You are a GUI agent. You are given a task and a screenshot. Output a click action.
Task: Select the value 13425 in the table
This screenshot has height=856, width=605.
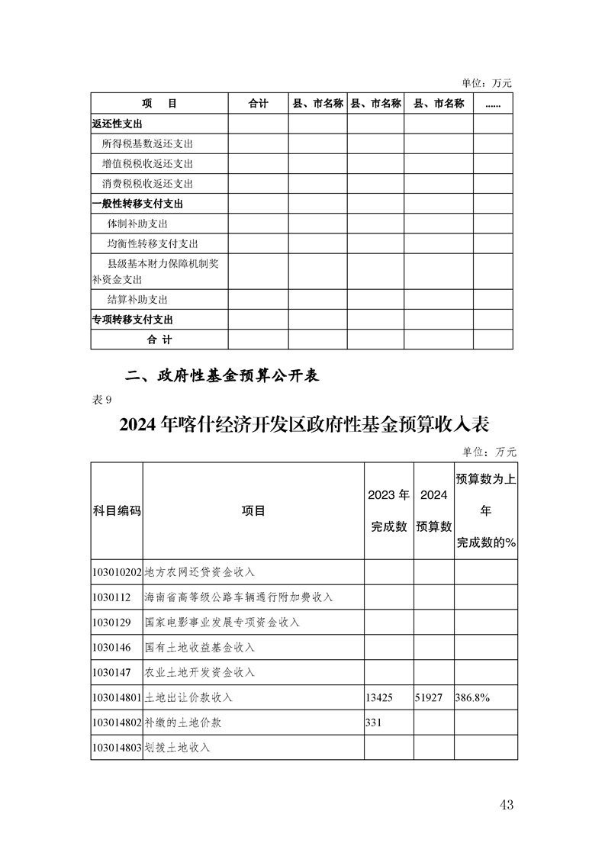pyautogui.click(x=380, y=697)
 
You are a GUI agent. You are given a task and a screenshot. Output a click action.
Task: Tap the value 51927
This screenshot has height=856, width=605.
pyautogui.click(x=429, y=697)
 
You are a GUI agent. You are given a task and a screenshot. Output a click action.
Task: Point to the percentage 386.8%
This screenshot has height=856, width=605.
pyautogui.click(x=473, y=697)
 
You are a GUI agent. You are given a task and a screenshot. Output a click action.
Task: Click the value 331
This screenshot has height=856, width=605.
pyautogui.click(x=374, y=722)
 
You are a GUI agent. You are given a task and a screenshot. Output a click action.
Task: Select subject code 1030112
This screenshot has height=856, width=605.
pyautogui.click(x=111, y=597)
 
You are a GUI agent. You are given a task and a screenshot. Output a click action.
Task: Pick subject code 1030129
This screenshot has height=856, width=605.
pyautogui.click(x=111, y=622)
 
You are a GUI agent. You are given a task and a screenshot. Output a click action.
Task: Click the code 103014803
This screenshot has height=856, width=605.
pyautogui.click(x=116, y=747)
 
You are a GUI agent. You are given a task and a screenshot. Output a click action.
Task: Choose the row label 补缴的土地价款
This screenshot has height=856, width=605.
pyautogui.click(x=183, y=722)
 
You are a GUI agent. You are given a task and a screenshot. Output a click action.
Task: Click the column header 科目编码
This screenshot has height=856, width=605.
pyautogui.click(x=116, y=510)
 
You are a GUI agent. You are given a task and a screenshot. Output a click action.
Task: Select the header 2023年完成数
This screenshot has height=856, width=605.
pyautogui.click(x=388, y=510)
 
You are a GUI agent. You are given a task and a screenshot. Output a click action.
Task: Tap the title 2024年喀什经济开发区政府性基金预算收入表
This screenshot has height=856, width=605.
pyautogui.click(x=303, y=424)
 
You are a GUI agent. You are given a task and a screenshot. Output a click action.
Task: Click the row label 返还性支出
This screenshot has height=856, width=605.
pyautogui.click(x=117, y=124)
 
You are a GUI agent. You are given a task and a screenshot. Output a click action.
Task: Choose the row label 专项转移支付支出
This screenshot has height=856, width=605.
pyautogui.click(x=132, y=320)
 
